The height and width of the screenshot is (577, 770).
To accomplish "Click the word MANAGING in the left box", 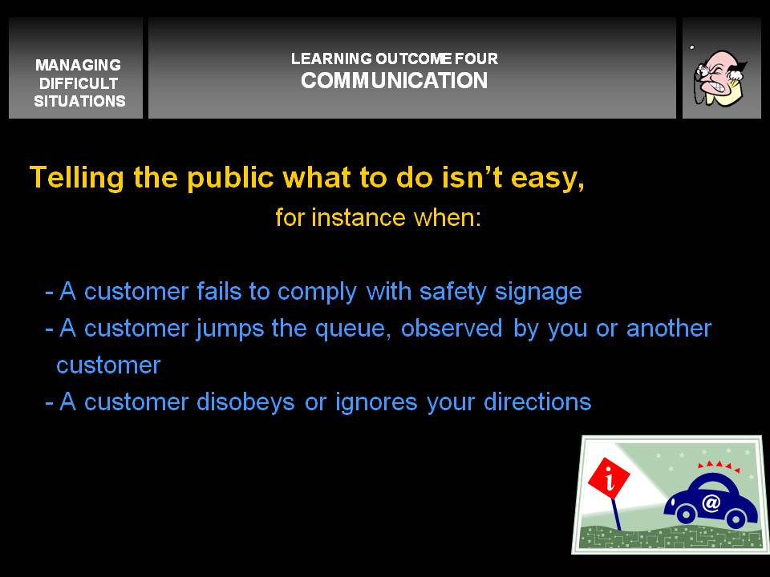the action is [78, 65].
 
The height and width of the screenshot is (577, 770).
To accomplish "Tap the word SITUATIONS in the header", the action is [79, 101].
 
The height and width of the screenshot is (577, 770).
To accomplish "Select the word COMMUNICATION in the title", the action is [395, 80].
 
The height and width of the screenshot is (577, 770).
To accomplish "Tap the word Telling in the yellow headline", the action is [77, 177].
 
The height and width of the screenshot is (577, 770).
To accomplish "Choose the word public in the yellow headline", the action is [230, 177].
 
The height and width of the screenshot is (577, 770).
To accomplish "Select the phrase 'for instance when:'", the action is [378, 217].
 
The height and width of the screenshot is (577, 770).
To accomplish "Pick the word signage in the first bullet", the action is [538, 293].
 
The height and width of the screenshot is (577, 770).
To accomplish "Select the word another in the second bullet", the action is [669, 328].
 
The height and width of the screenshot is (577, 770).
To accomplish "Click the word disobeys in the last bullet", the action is [245, 402].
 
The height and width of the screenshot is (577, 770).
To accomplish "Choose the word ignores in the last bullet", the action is [376, 403].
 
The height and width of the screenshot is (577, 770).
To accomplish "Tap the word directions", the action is [537, 401].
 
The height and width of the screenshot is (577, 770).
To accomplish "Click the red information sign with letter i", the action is [609, 476].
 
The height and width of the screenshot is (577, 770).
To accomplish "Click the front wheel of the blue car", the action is [685, 514].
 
